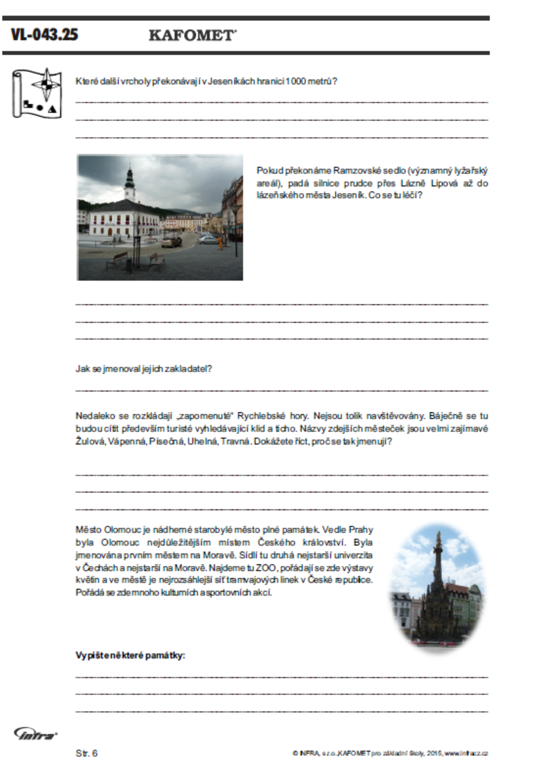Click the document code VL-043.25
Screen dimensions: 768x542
[44, 35]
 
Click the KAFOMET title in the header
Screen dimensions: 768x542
[192, 36]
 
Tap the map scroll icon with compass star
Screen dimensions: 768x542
[37, 93]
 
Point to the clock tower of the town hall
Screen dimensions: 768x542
[130, 184]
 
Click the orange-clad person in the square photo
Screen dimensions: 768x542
[220, 242]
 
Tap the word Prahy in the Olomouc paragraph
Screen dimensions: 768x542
[361, 530]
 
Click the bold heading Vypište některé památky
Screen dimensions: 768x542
[131, 655]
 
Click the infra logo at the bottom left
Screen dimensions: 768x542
[35, 734]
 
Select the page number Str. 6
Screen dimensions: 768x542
[86, 753]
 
